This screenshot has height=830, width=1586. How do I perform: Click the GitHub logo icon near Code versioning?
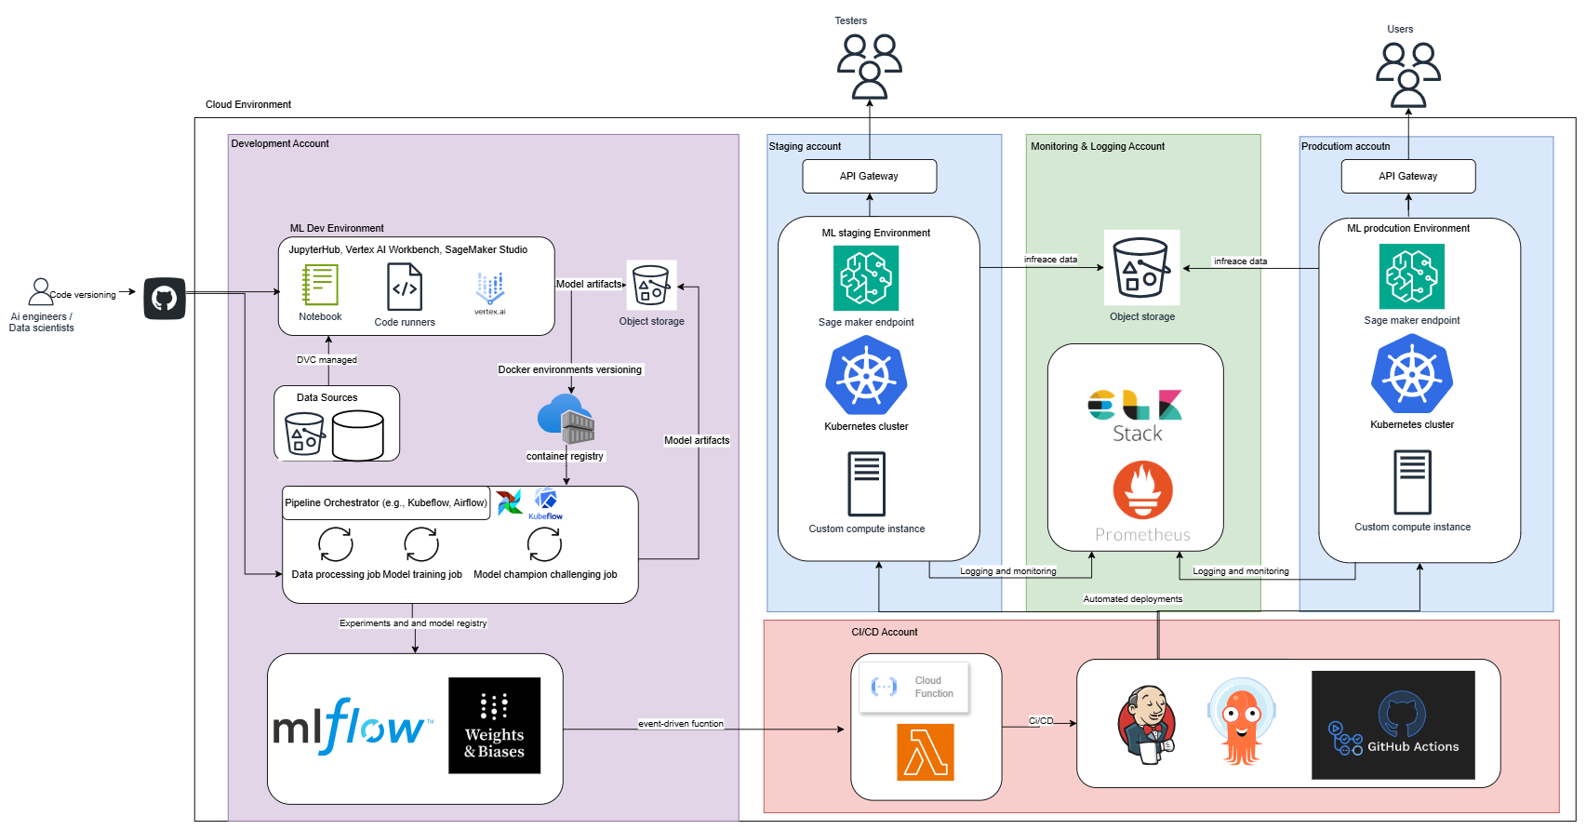[165, 299]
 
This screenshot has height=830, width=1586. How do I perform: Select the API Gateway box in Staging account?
[869, 176]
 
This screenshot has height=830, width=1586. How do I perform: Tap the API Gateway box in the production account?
[1407, 176]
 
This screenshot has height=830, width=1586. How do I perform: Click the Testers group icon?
[869, 66]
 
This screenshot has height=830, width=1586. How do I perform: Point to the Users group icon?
[1407, 74]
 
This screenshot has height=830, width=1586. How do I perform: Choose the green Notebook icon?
[320, 285]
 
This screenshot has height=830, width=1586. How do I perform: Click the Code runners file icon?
[405, 287]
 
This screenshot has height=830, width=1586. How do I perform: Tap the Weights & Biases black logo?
[494, 726]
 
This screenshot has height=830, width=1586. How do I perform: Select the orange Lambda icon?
[926, 752]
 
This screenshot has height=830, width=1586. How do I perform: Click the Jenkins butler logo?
[1146, 725]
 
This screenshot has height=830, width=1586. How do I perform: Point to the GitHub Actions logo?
[1393, 725]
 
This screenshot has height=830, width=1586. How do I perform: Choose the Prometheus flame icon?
[1142, 490]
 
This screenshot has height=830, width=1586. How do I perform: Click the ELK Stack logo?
[1136, 416]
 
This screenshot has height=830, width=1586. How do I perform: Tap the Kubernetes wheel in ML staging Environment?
[866, 376]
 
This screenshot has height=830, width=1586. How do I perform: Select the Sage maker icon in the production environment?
[1411, 276]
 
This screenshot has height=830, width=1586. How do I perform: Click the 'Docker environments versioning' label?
[569, 369]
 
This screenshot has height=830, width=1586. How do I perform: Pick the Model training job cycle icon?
[421, 544]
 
